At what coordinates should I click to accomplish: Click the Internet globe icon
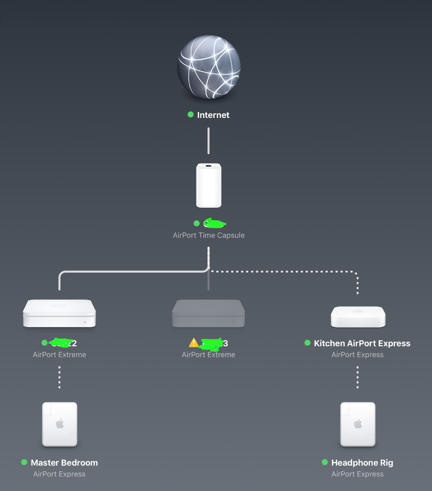pyautogui.click(x=209, y=67)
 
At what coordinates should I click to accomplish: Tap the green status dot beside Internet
pyautogui.click(x=191, y=115)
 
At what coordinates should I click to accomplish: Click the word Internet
pyautogui.click(x=213, y=115)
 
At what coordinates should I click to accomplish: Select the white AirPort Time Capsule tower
pyautogui.click(x=209, y=185)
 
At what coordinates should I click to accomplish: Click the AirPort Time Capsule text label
pyautogui.click(x=209, y=235)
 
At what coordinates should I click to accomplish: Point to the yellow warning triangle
pyautogui.click(x=193, y=343)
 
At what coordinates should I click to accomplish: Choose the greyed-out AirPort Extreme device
pyautogui.click(x=209, y=313)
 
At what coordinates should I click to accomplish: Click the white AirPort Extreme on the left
pyautogui.click(x=59, y=313)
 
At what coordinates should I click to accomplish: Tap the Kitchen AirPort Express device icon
pyautogui.click(x=358, y=317)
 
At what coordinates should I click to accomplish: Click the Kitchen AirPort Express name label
pyautogui.click(x=362, y=343)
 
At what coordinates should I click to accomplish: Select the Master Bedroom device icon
pyautogui.click(x=60, y=424)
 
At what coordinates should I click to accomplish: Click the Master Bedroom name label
pyautogui.click(x=64, y=463)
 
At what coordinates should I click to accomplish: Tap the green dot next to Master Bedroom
pyautogui.click(x=24, y=462)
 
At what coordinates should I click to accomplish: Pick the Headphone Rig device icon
pyautogui.click(x=358, y=424)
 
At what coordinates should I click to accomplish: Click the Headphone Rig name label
pyautogui.click(x=362, y=463)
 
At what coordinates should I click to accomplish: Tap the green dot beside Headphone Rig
pyautogui.click(x=325, y=462)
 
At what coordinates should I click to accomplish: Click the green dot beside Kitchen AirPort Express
pyautogui.click(x=308, y=343)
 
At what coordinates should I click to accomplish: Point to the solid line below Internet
pyautogui.click(x=209, y=141)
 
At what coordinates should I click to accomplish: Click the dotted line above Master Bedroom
pyautogui.click(x=59, y=377)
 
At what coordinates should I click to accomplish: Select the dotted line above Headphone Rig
pyautogui.click(x=358, y=377)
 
